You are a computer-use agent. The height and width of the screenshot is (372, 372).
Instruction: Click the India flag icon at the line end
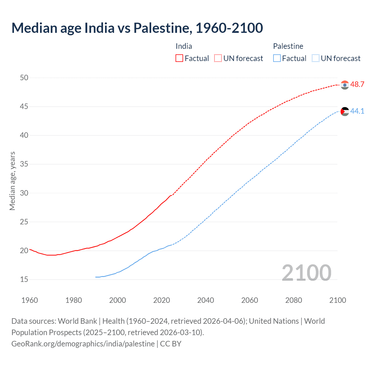[345, 85]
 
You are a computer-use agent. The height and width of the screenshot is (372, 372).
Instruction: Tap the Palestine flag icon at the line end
[345, 111]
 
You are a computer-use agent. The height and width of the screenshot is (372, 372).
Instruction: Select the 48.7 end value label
[357, 85]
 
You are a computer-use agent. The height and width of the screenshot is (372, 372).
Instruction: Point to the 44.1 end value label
[357, 111]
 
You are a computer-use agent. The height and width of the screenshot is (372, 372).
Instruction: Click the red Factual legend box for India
[179, 58]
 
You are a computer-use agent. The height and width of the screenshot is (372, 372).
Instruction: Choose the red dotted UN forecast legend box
[218, 58]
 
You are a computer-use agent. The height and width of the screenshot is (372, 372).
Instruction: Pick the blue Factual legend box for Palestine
[277, 58]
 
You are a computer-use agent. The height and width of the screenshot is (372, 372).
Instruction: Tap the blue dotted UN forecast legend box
[316, 58]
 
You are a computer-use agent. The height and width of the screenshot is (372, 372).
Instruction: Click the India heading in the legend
[184, 46]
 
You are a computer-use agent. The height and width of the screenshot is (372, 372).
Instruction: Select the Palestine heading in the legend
[288, 46]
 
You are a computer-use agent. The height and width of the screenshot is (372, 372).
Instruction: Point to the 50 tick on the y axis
[24, 78]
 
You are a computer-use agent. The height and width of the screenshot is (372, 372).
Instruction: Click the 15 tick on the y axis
[24, 280]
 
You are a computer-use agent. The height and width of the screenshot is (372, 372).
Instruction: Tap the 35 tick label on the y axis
[24, 164]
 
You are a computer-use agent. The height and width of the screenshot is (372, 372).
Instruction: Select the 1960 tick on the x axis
[30, 300]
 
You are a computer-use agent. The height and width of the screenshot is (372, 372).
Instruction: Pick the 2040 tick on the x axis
[205, 300]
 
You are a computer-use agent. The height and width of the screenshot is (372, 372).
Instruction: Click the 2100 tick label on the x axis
[337, 300]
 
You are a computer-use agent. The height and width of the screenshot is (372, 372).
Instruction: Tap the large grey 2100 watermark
[306, 273]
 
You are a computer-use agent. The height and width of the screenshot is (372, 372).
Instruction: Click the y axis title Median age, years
[12, 181]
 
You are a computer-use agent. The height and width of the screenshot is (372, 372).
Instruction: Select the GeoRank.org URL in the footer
[83, 344]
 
